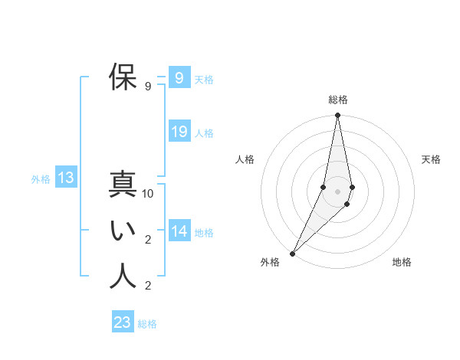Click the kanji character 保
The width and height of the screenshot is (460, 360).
(x=123, y=77)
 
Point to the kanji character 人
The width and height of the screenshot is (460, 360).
(x=123, y=277)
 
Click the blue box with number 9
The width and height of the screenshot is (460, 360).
(x=179, y=77)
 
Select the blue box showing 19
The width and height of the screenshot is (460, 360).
(x=179, y=132)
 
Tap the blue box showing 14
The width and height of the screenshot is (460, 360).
(x=179, y=231)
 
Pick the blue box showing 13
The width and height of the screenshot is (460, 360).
(x=66, y=178)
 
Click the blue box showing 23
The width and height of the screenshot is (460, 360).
(x=123, y=322)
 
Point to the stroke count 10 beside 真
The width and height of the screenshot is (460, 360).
(x=148, y=195)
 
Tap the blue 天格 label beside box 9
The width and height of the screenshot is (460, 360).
(x=204, y=80)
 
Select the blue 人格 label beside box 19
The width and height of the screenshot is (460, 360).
(x=204, y=133)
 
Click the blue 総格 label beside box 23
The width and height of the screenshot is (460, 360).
(x=147, y=324)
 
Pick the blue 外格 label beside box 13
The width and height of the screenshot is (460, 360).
(x=41, y=180)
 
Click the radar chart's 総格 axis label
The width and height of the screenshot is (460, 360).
(x=338, y=100)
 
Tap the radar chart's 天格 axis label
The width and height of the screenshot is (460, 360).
(x=431, y=159)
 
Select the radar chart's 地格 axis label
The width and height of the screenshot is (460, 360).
(x=402, y=262)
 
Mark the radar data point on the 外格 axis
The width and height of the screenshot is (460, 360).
(x=292, y=253)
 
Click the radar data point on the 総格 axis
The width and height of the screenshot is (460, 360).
(x=338, y=116)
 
